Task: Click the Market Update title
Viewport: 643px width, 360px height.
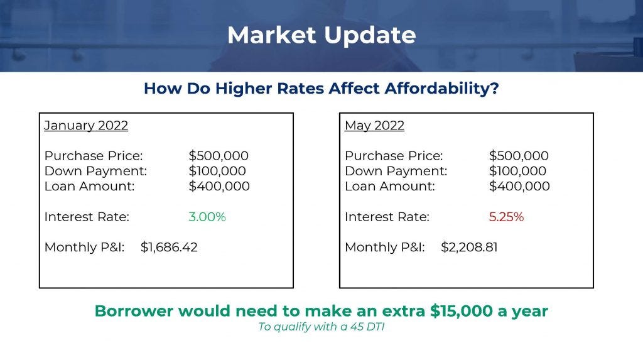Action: (x=321, y=35)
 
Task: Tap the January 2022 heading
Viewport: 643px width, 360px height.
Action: (x=86, y=126)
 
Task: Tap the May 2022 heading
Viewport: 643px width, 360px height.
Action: (x=374, y=126)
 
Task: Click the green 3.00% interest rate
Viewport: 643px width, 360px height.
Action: (x=207, y=217)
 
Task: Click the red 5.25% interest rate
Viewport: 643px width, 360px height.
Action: (x=507, y=217)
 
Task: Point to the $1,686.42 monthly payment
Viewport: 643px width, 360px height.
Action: (x=169, y=247)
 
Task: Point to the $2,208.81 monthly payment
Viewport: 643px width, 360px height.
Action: (x=469, y=247)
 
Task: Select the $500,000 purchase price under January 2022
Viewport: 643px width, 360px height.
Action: (x=219, y=156)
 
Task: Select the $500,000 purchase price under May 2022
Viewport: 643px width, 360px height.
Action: (x=519, y=156)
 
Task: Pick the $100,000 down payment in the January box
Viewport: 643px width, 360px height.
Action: (x=217, y=171)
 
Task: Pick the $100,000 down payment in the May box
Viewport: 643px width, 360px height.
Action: (x=517, y=171)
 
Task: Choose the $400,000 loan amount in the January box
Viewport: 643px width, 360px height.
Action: (x=219, y=187)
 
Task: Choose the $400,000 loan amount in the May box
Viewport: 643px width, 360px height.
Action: (x=519, y=187)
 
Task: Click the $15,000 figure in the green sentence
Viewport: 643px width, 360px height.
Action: (x=462, y=311)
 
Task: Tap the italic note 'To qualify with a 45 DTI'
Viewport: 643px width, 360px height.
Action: (x=321, y=327)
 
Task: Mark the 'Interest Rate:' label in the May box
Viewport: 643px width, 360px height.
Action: (x=387, y=217)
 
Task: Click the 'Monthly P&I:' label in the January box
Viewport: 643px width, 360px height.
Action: (x=85, y=247)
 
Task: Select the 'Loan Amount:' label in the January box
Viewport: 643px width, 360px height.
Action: (x=89, y=187)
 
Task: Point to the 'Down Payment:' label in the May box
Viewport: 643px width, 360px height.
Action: (x=396, y=171)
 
